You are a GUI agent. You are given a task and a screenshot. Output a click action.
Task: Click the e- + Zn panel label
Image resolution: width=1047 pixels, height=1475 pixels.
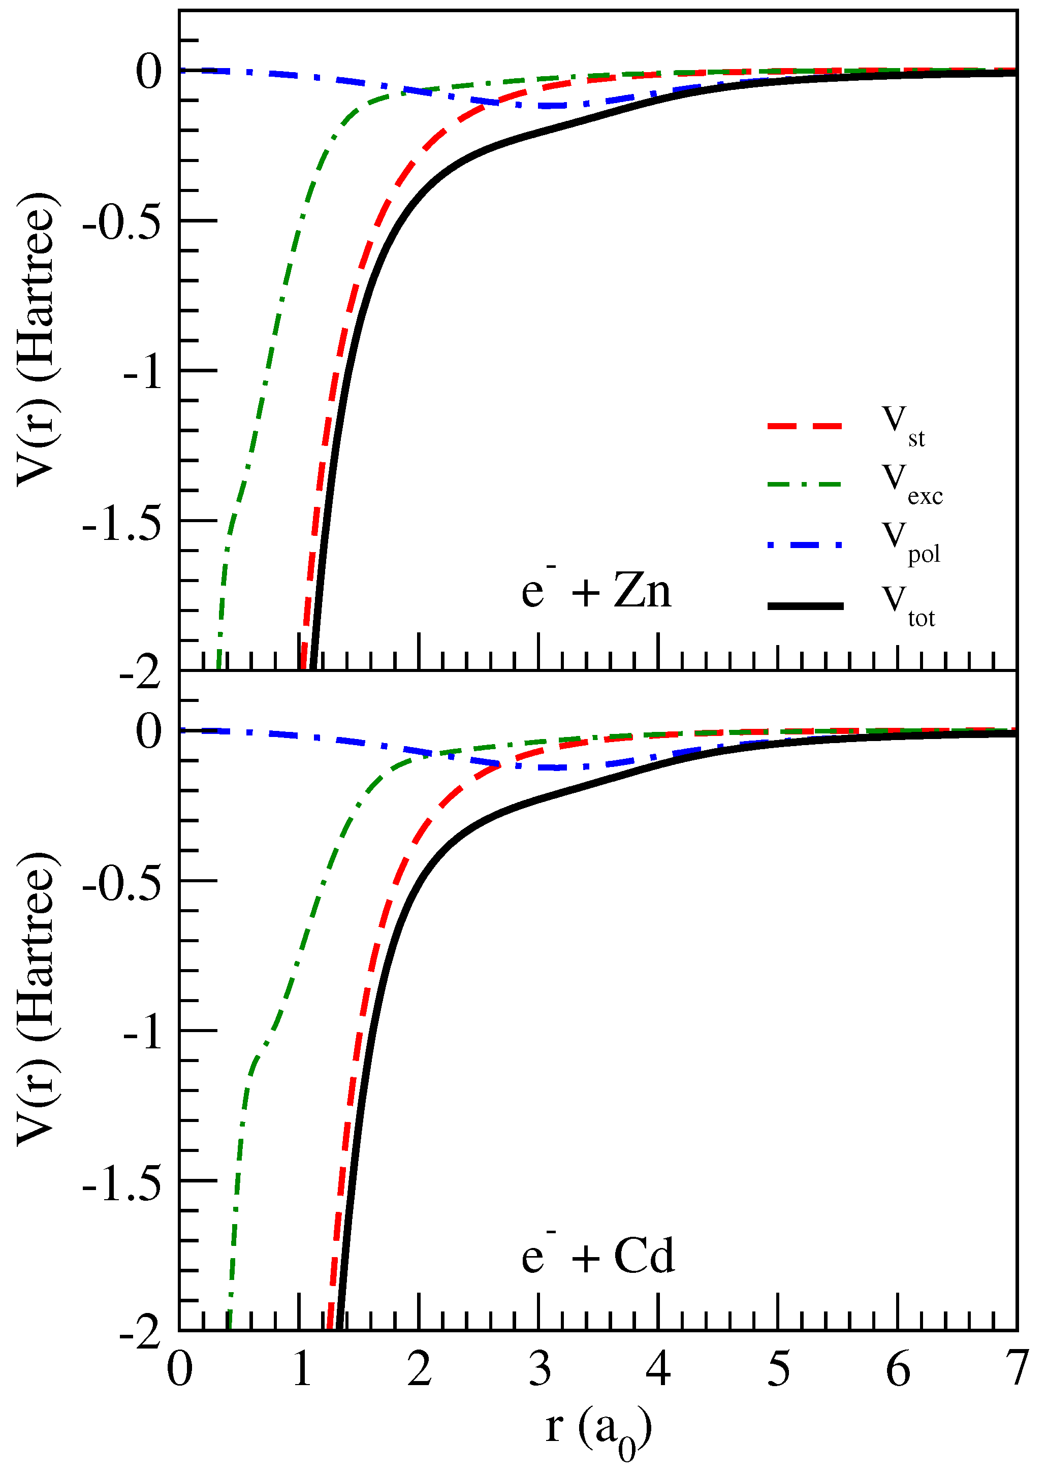[x=596, y=589]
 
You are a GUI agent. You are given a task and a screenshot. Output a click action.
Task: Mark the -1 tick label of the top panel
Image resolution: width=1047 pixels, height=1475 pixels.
[x=142, y=373]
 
